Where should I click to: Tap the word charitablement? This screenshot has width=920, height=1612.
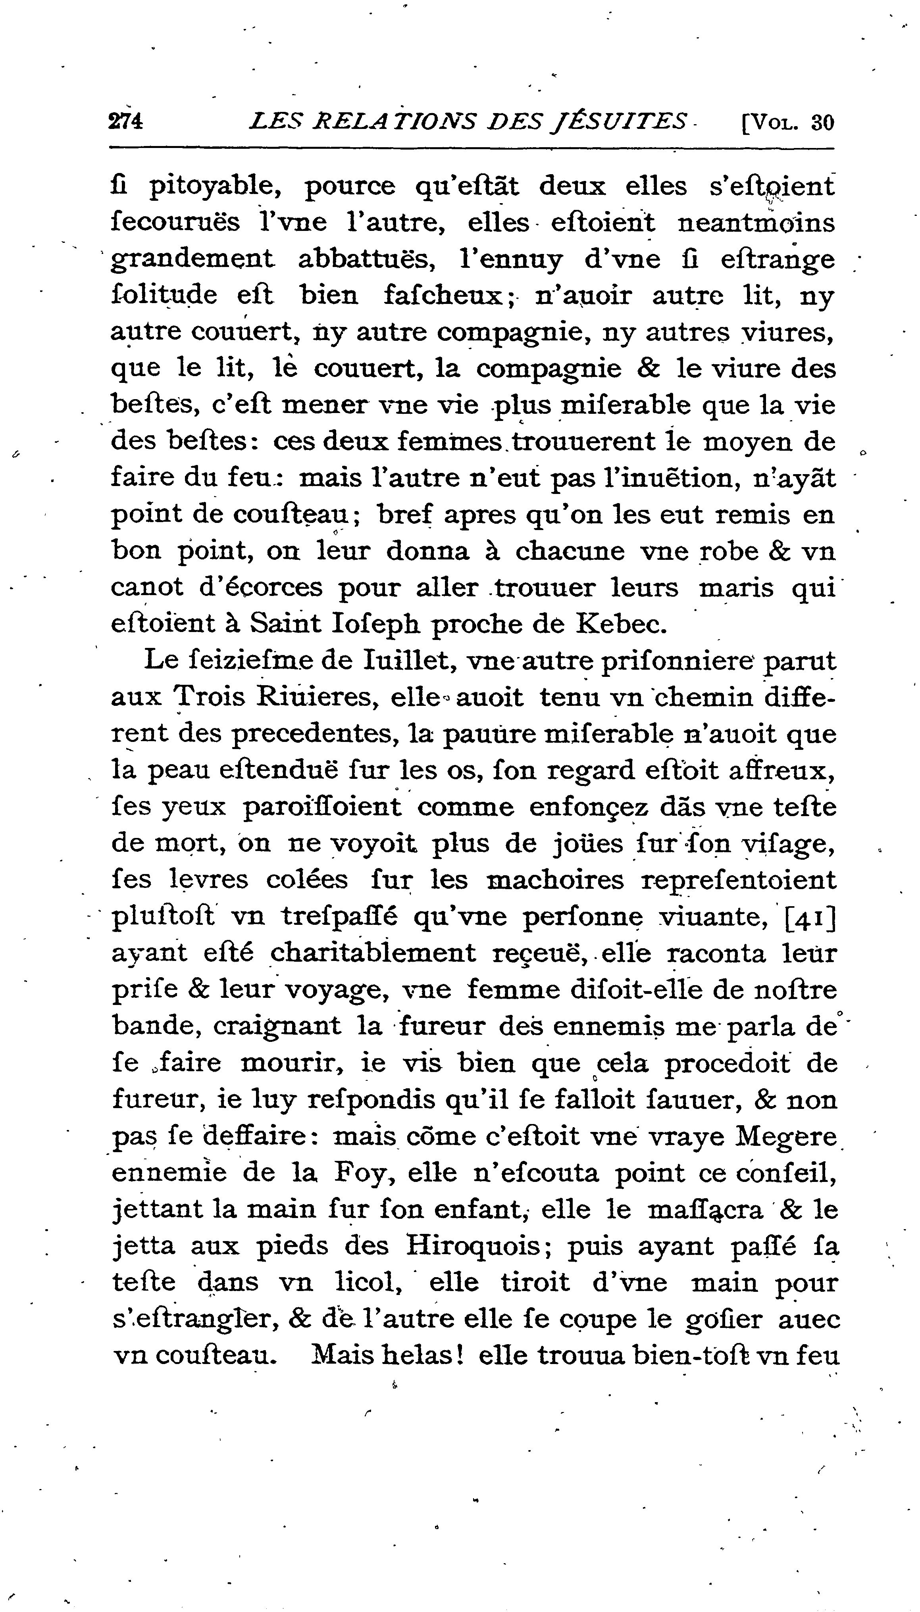373,953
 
